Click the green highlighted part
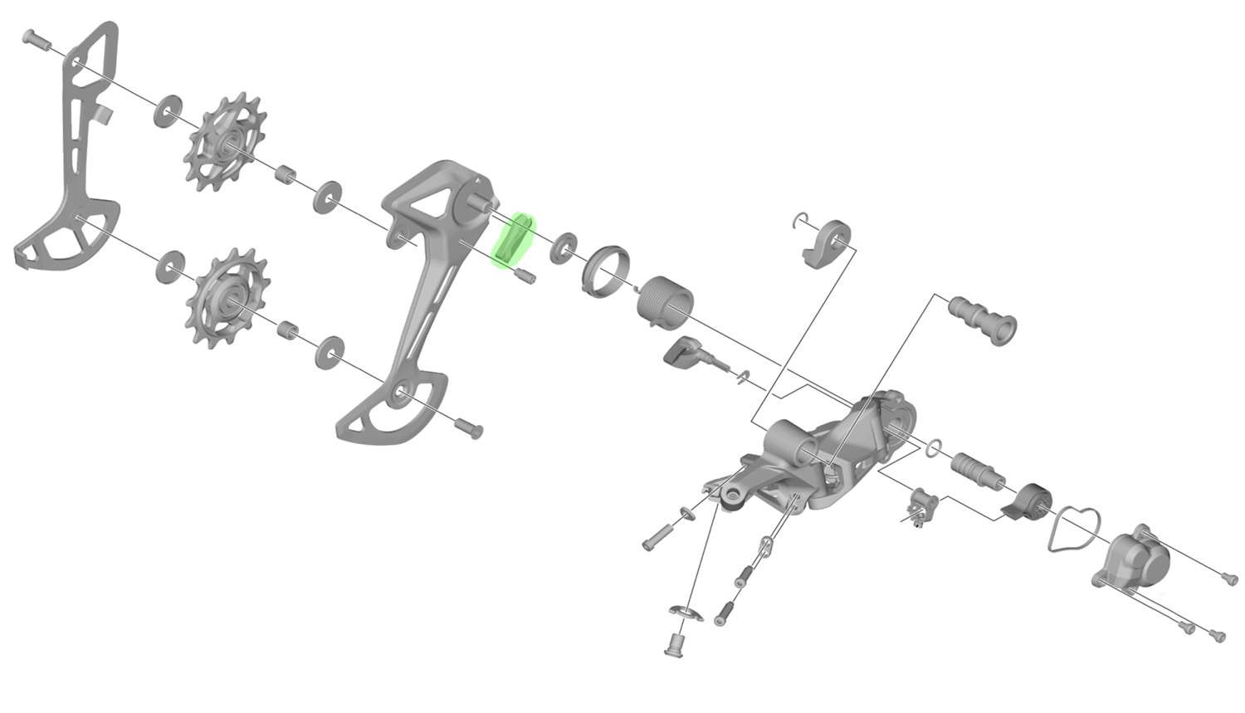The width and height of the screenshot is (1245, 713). coord(515,241)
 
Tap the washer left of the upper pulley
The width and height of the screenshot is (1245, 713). coord(168,111)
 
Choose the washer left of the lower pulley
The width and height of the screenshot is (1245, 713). coord(171,267)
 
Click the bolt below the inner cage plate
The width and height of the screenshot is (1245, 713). coord(470,427)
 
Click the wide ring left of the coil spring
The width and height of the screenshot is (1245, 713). coord(606,270)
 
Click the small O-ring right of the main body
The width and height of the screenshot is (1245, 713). coord(933,448)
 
